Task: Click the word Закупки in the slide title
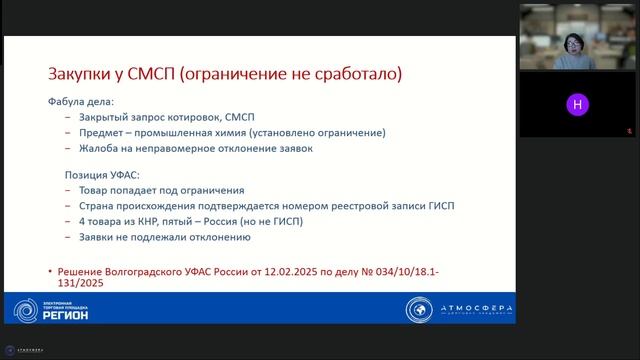pos(83,75)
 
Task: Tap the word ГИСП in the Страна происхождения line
pos(439,206)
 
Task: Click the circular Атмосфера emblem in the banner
pos(420,310)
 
